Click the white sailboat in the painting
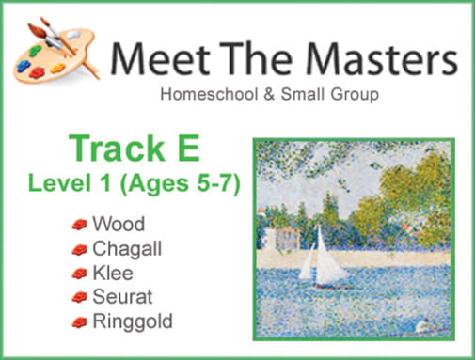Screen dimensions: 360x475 coord(323,258)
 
